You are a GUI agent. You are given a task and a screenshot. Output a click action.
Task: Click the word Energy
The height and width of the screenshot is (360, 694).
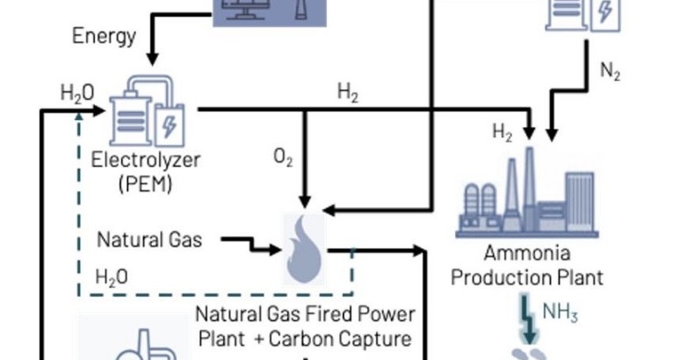coord(104,36)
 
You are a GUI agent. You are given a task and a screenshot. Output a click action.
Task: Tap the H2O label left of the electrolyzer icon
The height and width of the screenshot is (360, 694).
coord(76,91)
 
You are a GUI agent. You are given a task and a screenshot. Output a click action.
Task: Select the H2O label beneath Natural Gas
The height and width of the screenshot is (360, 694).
coord(111,277)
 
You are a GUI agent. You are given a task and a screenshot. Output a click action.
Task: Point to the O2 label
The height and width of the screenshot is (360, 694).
coord(283,158)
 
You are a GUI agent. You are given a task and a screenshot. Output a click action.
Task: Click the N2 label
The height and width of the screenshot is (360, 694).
coord(611,74)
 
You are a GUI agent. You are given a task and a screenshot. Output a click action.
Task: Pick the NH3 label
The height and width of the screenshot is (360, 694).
coord(560,312)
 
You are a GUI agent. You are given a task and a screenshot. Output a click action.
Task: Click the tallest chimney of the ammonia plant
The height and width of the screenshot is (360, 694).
coord(531,185)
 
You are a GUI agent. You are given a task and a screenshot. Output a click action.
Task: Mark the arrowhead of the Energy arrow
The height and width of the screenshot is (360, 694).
coord(152,60)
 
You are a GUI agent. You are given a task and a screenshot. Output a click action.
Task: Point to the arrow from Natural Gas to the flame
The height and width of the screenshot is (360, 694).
coord(249,243)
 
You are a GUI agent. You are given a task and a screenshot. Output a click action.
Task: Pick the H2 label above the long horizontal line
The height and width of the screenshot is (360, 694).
coord(348,91)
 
